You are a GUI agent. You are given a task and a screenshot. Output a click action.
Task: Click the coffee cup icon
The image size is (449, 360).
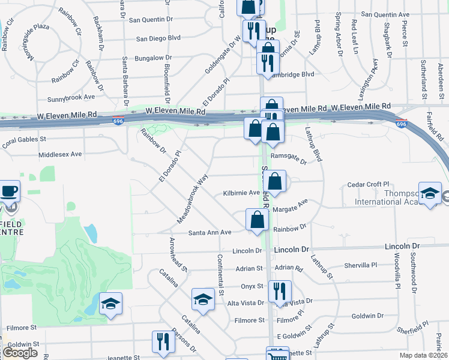(x=10, y=191)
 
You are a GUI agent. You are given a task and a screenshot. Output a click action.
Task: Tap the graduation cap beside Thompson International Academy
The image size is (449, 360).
(x=430, y=194)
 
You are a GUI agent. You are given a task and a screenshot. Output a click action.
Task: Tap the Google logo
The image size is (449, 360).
(x=20, y=353)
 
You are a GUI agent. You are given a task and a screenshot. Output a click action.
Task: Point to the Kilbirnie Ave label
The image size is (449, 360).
(x=241, y=193)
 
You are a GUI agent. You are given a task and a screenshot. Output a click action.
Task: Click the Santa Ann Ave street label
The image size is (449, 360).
(x=210, y=232)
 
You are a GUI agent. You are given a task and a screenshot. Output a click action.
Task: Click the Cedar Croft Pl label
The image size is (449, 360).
(x=369, y=185)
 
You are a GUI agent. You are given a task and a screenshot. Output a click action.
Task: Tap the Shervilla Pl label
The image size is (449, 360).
(x=360, y=265)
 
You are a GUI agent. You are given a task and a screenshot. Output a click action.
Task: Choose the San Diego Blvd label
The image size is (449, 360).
(x=158, y=38)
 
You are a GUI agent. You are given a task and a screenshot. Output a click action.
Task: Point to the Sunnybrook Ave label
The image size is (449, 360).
(x=71, y=96)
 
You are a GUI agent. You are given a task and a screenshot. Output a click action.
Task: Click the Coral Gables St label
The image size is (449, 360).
(x=25, y=142)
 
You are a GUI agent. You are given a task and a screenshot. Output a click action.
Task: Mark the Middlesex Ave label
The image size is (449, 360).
(x=59, y=154)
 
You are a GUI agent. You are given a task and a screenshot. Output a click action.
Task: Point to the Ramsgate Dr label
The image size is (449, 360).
(x=289, y=158)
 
